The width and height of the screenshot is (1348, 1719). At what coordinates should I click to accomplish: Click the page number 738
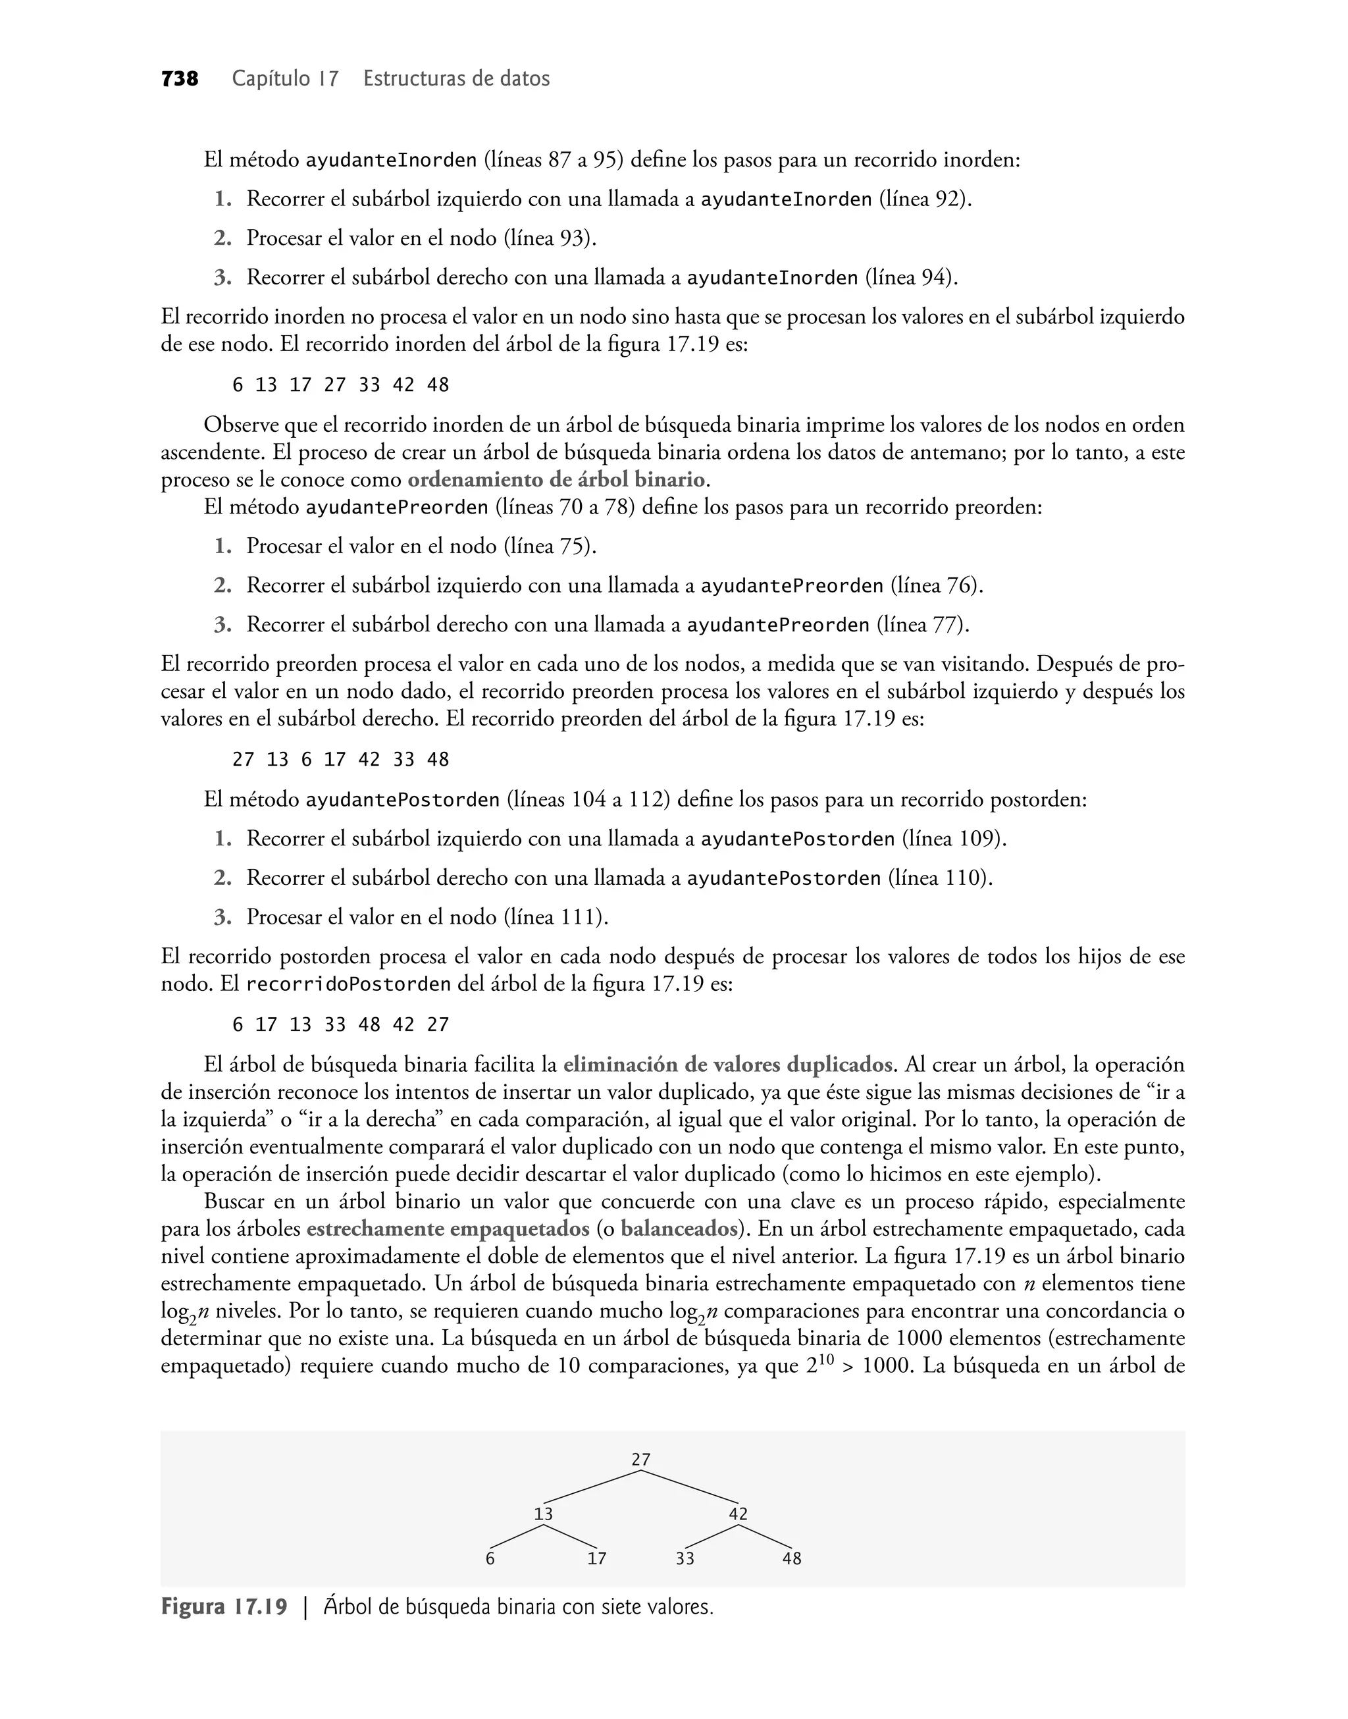tap(179, 79)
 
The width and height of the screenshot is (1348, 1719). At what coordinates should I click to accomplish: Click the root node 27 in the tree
tap(641, 1460)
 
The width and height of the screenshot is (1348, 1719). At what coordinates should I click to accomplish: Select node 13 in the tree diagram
tap(543, 1514)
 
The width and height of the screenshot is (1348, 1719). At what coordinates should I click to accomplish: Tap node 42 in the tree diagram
tap(738, 1514)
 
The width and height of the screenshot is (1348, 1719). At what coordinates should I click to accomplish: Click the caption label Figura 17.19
tap(224, 1607)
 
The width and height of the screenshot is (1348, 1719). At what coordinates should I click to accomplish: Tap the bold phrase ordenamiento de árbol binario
tap(556, 480)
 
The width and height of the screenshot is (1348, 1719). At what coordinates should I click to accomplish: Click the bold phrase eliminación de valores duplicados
tap(728, 1065)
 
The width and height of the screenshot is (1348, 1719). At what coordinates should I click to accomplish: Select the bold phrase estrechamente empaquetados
tap(448, 1229)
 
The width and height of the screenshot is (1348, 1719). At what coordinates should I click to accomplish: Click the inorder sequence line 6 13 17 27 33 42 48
tap(340, 385)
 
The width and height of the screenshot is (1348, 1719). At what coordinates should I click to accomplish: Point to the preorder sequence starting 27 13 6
tap(340, 759)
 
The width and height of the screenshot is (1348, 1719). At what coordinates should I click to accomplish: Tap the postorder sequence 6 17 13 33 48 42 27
tap(340, 1024)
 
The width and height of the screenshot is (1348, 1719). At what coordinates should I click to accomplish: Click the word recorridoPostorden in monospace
tap(348, 985)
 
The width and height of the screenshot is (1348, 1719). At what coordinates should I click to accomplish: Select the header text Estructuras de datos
tap(456, 79)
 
